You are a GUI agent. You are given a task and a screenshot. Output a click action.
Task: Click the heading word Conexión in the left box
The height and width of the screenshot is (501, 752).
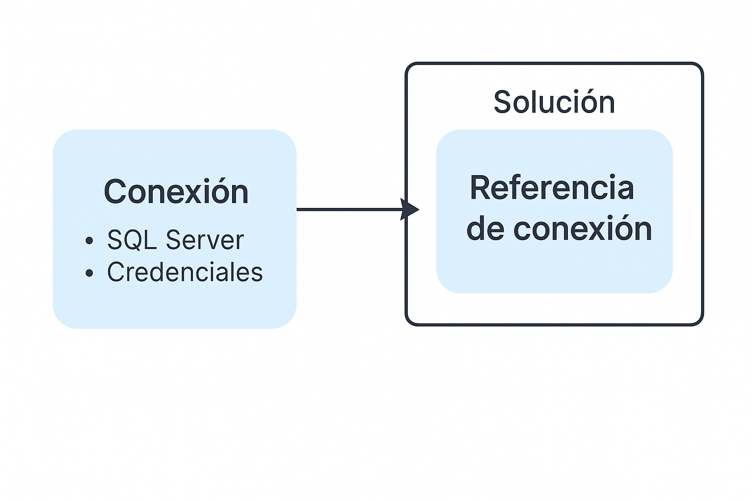coord(176,192)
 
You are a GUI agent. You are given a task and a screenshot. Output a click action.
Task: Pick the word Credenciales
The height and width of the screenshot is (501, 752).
coord(185,272)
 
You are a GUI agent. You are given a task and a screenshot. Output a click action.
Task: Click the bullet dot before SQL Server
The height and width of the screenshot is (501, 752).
coord(89,241)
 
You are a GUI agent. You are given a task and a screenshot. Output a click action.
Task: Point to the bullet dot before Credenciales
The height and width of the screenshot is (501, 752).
coord(89,273)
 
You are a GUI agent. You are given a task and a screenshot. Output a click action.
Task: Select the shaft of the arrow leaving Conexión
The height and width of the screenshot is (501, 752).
coord(348,209)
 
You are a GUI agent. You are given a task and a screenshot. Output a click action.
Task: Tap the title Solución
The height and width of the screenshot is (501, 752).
coord(554,102)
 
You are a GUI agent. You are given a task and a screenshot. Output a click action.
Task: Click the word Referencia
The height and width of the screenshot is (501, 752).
coord(552,188)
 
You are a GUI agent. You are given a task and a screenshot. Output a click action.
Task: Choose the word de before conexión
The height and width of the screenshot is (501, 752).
coord(485,229)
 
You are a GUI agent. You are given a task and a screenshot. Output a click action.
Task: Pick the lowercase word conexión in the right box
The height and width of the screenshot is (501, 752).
coord(583,229)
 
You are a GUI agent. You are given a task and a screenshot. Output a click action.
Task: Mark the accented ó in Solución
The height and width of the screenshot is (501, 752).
coord(586,102)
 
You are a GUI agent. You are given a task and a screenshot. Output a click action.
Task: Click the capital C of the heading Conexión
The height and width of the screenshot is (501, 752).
coord(114,192)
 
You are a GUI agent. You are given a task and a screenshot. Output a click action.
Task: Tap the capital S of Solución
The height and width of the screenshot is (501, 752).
coord(502,102)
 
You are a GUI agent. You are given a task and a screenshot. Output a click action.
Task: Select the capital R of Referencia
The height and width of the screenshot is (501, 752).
coord(479,188)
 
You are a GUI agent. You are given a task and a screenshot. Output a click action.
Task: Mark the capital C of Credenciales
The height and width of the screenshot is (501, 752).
coord(115,272)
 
